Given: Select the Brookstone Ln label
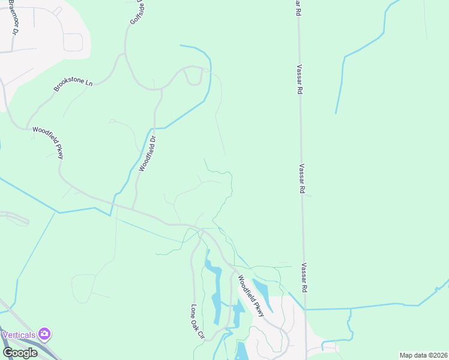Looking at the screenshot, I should pyautogui.click(x=73, y=86).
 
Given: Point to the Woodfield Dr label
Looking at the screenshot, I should pyautogui.click(x=147, y=154).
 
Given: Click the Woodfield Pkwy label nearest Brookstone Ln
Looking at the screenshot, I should pyautogui.click(x=47, y=142).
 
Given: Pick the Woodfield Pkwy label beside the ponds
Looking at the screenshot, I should pyautogui.click(x=251, y=296).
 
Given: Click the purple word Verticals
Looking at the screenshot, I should pyautogui.click(x=19, y=334).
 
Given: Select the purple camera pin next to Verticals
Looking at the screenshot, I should pyautogui.click(x=44, y=333).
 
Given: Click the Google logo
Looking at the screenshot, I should pyautogui.click(x=20, y=352).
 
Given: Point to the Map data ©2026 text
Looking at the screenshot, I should pyautogui.click(x=423, y=355).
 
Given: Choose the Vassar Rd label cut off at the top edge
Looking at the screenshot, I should pyautogui.click(x=297, y=7).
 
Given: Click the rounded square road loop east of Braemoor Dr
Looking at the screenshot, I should pyautogui.click(x=73, y=42).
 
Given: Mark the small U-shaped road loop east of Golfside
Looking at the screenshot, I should pyautogui.click(x=193, y=77).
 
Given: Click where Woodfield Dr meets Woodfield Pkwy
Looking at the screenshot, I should pyautogui.click(x=133, y=209).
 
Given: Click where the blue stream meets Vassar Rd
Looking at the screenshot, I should pyautogui.click(x=306, y=310).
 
